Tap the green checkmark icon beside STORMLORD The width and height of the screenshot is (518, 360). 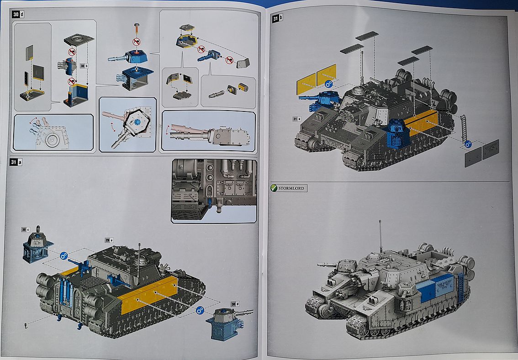274,188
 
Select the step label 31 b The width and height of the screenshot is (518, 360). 277,18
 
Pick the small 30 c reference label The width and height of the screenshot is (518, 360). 26,229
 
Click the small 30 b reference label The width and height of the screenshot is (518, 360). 84,65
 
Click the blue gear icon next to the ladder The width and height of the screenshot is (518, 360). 468,144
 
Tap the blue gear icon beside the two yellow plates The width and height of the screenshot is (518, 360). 328,84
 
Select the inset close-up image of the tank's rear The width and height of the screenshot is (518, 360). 214,191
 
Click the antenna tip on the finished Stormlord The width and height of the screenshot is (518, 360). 380,222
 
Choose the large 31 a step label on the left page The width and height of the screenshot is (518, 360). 16,162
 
